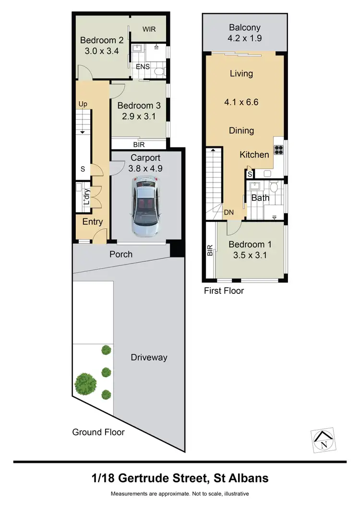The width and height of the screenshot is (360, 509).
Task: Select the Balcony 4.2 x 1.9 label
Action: tap(244, 33)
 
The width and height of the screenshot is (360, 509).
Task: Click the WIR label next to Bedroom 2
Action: tap(149, 29)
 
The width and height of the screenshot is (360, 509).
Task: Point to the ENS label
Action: tap(143, 67)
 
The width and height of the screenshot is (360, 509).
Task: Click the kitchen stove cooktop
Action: tap(278, 149)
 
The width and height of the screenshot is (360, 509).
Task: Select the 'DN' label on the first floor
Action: tap(229, 212)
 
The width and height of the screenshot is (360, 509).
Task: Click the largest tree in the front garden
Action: tap(85, 383)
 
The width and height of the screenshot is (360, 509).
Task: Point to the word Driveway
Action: tap(149, 357)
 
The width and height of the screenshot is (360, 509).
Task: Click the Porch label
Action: tap(120, 254)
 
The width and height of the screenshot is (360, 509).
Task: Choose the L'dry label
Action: tap(87, 197)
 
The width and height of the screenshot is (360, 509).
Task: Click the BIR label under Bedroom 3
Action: tap(139, 144)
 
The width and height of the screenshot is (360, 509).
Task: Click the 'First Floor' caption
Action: tap(224, 291)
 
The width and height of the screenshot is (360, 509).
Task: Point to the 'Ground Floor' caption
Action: tap(98, 432)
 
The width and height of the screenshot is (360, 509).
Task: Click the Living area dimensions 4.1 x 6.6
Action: tap(241, 102)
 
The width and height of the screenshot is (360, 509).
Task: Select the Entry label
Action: tap(92, 222)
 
